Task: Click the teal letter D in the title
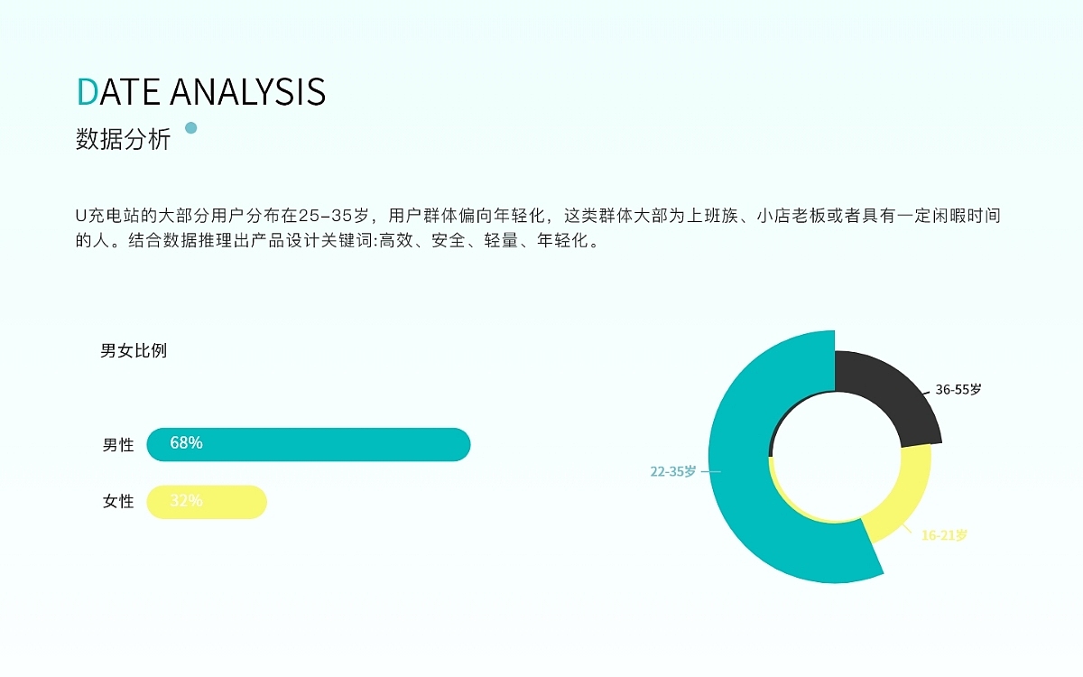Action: (87, 92)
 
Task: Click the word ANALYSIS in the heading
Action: (247, 92)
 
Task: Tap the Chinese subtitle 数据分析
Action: (123, 140)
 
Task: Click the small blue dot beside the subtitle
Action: (190, 127)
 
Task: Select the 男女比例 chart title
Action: (134, 351)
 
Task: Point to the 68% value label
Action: (186, 443)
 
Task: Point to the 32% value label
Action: (186, 501)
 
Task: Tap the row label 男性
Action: (117, 445)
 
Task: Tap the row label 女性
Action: (117, 502)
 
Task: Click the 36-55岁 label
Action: (958, 390)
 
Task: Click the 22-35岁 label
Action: (673, 471)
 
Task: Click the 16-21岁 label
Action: (944, 535)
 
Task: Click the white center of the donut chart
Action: (836, 455)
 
